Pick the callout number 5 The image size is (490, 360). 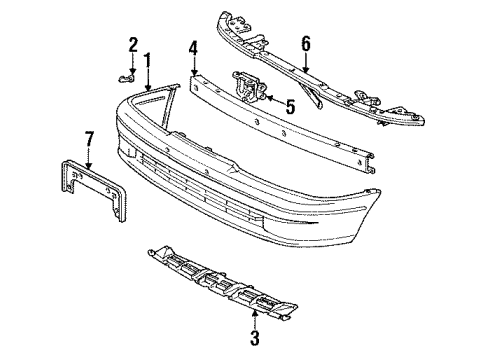coord(290,105)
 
